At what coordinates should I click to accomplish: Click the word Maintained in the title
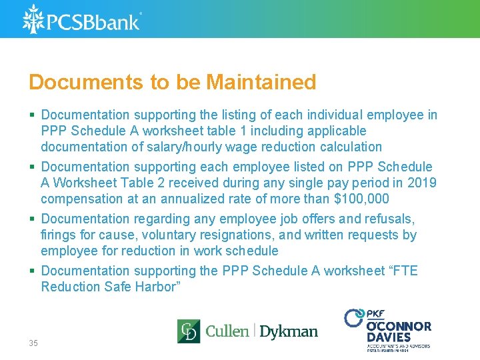(261, 83)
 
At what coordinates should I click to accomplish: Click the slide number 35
(33, 343)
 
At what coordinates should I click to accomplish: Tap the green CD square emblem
(188, 331)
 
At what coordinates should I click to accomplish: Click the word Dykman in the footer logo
(288, 331)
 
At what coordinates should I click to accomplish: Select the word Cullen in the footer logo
(227, 331)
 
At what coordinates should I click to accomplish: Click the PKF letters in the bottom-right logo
(375, 314)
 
